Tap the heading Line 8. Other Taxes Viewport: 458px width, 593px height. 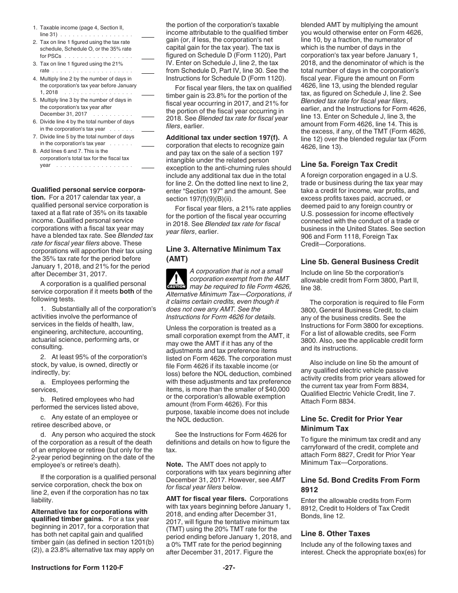tap(336, 534)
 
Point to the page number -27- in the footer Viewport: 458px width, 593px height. tap(229, 581)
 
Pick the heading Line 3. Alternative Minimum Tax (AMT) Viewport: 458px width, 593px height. tap(223, 254)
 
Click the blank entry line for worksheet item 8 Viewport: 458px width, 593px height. tap(148, 167)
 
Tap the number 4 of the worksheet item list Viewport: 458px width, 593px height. tap(35, 78)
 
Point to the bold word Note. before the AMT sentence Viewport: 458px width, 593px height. tap(175, 464)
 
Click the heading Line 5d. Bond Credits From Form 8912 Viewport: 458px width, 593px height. tap(360, 485)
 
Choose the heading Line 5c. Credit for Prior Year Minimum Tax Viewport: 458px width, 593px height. tap(351, 423)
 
